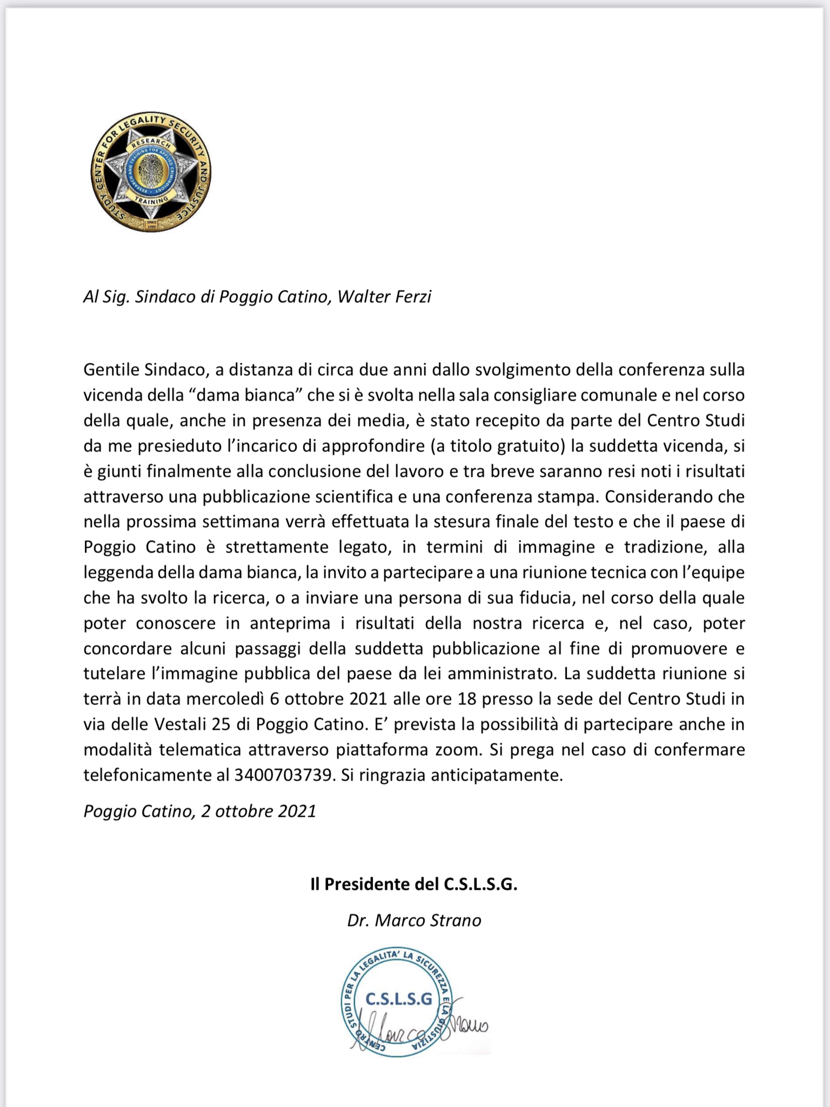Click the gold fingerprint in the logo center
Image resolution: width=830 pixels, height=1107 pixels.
151,172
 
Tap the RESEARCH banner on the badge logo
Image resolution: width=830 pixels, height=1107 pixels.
152,145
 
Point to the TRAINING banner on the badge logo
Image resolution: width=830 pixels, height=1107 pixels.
151,201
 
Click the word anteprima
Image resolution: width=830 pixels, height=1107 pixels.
290,623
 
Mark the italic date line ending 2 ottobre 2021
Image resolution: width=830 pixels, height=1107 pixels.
199,811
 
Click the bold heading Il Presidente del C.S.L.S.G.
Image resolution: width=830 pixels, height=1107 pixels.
414,884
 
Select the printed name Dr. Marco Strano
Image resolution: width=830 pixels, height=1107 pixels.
414,921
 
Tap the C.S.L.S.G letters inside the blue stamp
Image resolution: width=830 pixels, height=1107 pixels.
399,999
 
